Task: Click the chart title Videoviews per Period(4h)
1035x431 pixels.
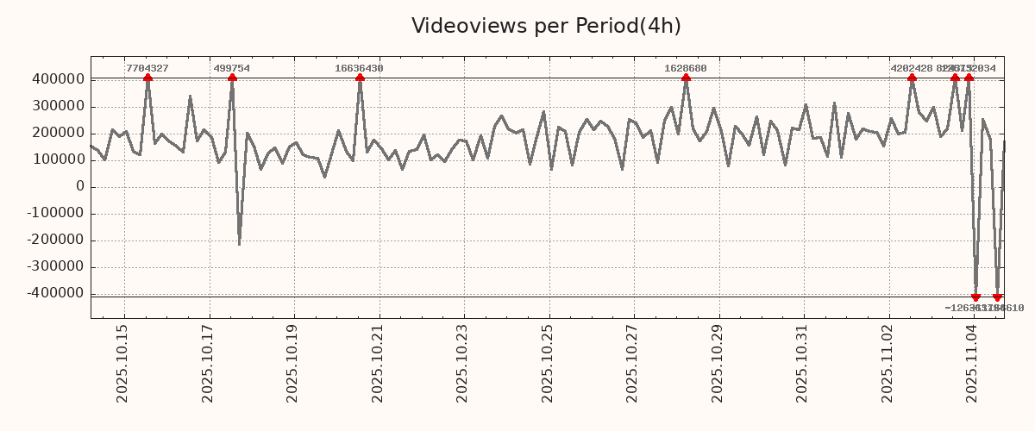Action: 546,26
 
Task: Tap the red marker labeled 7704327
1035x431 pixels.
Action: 147,78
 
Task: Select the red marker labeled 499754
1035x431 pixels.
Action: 232,78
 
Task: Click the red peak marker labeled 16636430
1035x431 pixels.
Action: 360,78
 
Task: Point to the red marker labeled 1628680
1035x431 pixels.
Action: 686,78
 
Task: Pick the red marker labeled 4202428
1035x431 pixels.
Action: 912,78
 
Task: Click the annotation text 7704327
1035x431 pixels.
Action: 147,68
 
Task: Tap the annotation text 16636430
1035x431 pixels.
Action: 360,68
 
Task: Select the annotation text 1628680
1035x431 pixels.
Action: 686,68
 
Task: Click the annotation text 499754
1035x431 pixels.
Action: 232,68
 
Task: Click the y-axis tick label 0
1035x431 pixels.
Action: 80,186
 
